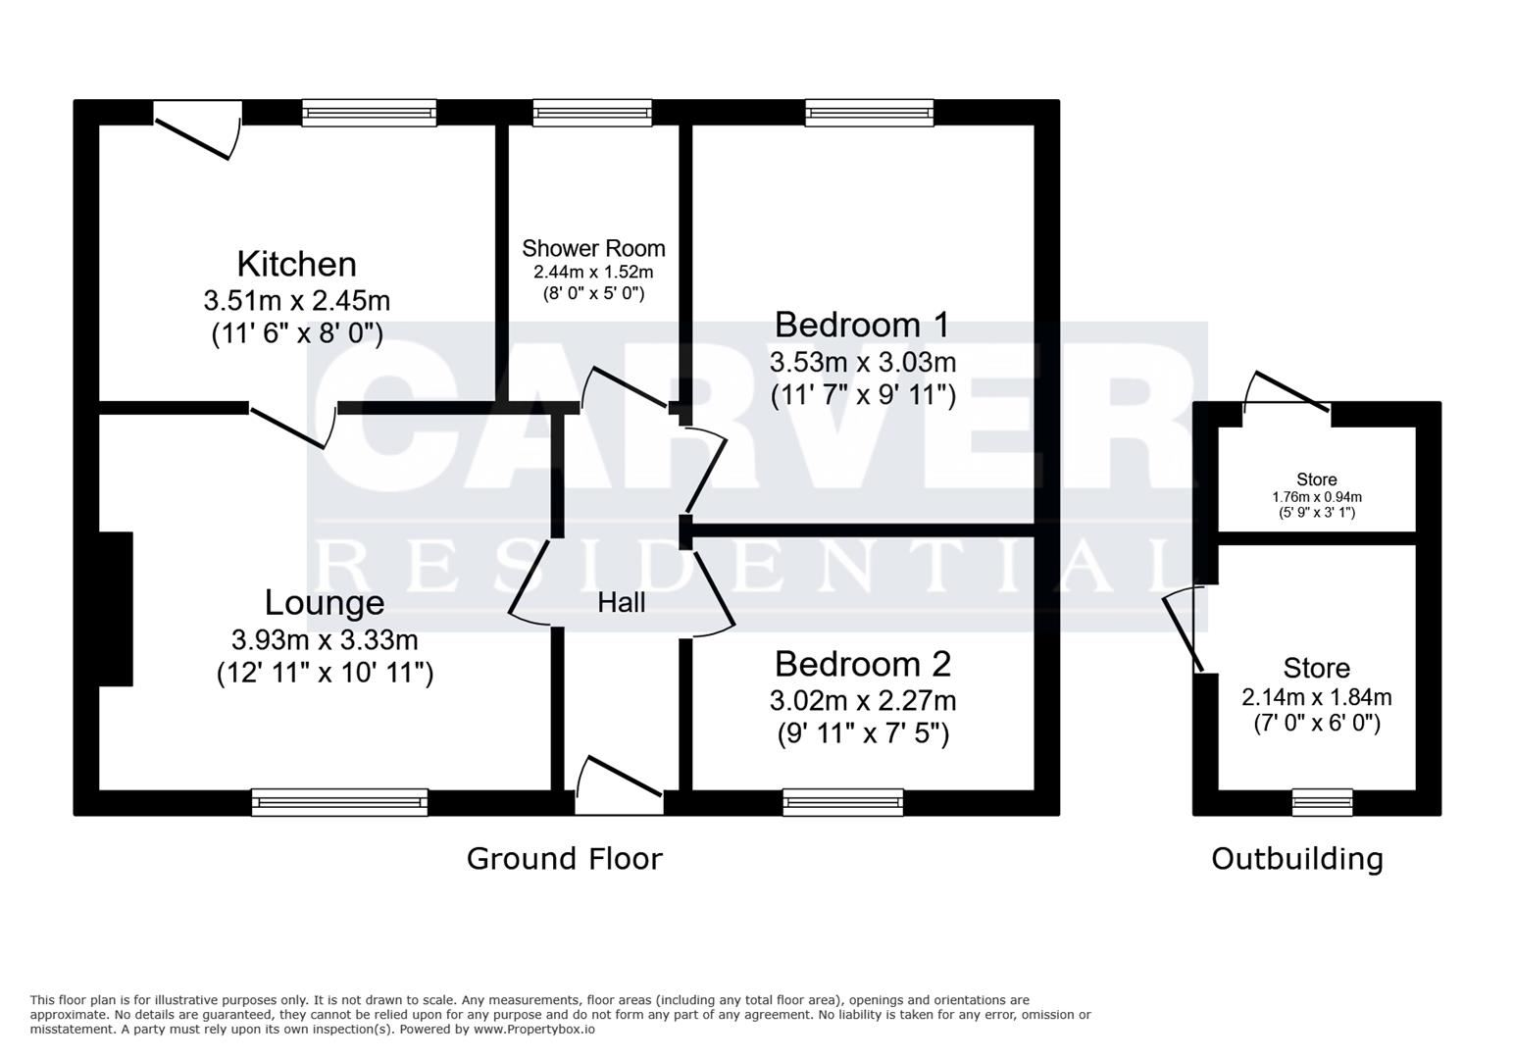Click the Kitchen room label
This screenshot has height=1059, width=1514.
[x=297, y=264]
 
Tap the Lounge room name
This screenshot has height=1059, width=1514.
[x=325, y=603]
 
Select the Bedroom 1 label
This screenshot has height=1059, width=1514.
[x=862, y=326]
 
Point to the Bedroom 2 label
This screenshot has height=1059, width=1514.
[x=863, y=664]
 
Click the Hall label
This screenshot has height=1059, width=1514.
[x=621, y=603]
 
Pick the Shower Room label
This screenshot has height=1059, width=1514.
[x=593, y=249]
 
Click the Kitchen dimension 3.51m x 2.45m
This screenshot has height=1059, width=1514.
[x=297, y=301]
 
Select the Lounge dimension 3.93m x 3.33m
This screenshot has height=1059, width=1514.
[x=325, y=639]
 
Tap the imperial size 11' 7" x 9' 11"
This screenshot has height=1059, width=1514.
[x=863, y=395]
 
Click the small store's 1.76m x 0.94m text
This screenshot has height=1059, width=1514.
[x=1317, y=497]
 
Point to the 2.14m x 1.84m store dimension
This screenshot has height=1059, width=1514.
[x=1317, y=697]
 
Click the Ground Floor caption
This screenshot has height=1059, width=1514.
[x=565, y=859]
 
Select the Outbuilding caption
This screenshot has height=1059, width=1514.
[x=1297, y=860]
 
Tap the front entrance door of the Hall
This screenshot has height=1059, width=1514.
[x=619, y=785]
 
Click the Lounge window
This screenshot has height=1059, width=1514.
[x=340, y=802]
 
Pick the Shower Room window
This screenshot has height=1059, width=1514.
[x=593, y=113]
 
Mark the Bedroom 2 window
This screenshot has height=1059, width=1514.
[x=843, y=802]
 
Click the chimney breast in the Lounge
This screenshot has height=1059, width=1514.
[x=116, y=609]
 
